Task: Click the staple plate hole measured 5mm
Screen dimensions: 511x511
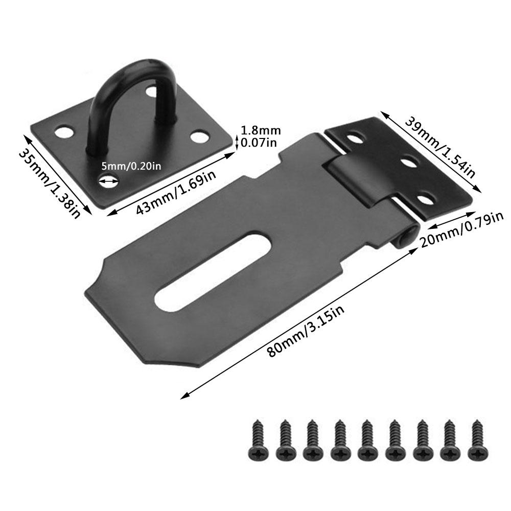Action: (108, 179)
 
